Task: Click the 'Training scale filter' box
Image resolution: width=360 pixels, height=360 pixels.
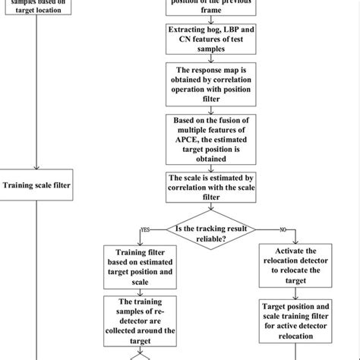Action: (36, 185)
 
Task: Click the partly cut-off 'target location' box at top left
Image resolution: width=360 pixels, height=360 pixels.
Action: (36, 7)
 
